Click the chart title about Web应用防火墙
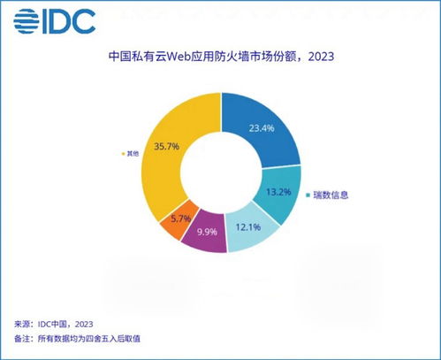click(221, 57)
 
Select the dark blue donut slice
click(261, 133)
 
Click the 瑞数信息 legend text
click(331, 195)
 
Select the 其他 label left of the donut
click(133, 154)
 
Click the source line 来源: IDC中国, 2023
click(55, 324)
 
